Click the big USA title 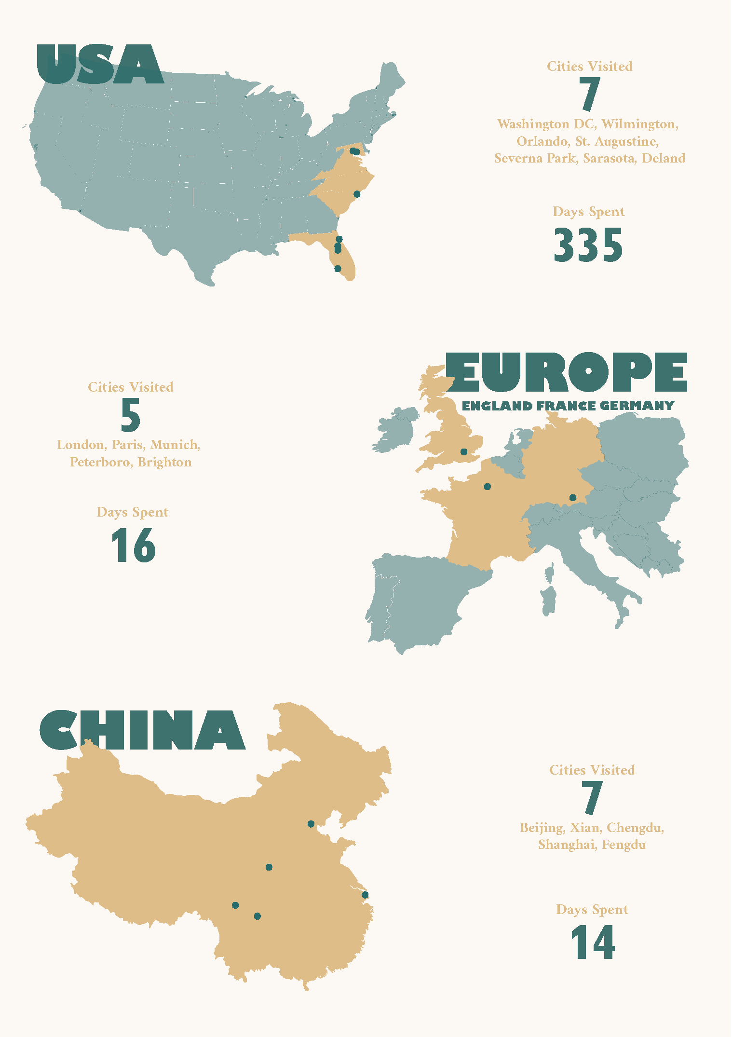pos(100,65)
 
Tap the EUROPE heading pos(566,372)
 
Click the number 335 pos(588,245)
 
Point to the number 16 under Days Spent pos(133,546)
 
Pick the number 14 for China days pos(593,942)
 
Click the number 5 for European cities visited pos(130,415)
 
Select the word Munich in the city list pos(174,444)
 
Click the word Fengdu pos(624,845)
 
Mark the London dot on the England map pos(464,452)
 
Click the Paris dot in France pos(488,487)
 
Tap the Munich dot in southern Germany pos(573,497)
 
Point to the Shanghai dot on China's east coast pos(365,895)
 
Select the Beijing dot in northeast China pos(311,824)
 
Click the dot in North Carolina pos(357,194)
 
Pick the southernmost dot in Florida pos(338,269)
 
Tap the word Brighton pos(164,462)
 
